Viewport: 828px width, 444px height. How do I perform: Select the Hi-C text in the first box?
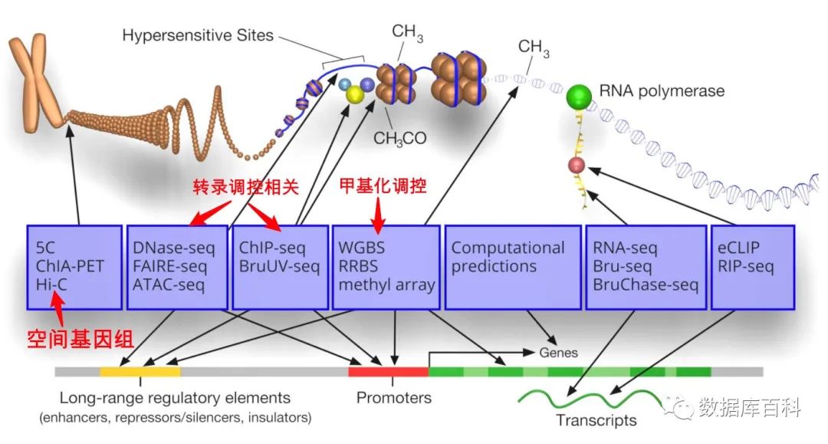[x=53, y=285]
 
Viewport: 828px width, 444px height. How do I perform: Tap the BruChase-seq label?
[x=646, y=285]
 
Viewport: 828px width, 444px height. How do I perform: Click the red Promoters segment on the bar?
[x=388, y=371]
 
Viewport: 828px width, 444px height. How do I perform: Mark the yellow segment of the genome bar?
[x=140, y=371]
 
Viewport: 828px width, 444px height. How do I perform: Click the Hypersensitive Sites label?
[x=199, y=35]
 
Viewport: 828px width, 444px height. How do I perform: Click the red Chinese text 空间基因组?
[x=71, y=339]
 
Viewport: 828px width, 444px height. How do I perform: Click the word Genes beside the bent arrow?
[x=558, y=353]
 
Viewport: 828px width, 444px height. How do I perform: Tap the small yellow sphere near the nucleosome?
[x=354, y=94]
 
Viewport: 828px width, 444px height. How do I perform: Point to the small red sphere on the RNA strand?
[x=576, y=166]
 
